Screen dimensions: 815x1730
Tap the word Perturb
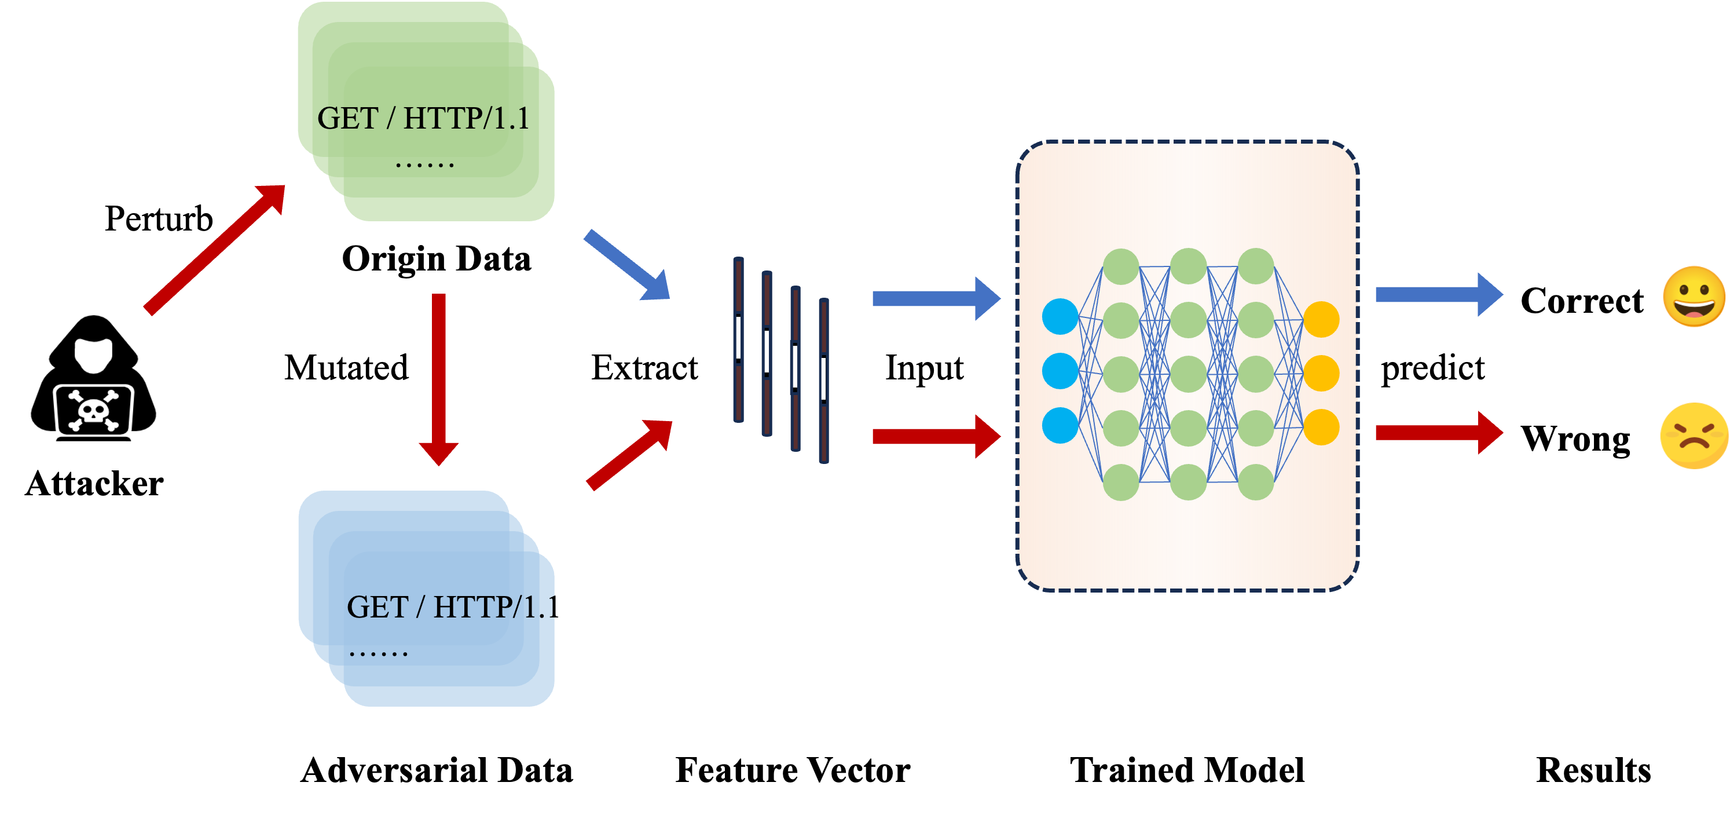(159, 219)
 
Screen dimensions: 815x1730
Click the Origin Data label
(437, 259)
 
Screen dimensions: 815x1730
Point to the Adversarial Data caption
(437, 770)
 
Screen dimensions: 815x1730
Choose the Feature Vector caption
(793, 770)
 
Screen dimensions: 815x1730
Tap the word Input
(924, 368)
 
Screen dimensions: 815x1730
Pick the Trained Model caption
(1187, 770)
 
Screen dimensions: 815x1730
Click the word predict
(1432, 368)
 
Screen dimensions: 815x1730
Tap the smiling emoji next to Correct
(1694, 297)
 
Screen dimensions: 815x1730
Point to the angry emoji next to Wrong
(1694, 436)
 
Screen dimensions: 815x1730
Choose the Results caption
(1593, 770)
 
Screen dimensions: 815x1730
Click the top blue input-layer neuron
(1060, 316)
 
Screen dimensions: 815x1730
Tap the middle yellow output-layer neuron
(1321, 374)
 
